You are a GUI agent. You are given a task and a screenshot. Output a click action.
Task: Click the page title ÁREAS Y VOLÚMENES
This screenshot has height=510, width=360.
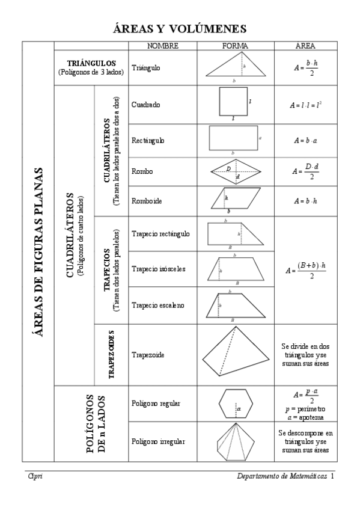click(180, 28)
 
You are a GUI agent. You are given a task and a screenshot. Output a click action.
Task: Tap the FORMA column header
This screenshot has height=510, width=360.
click(235, 46)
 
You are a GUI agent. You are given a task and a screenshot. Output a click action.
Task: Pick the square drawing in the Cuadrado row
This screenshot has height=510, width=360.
click(233, 103)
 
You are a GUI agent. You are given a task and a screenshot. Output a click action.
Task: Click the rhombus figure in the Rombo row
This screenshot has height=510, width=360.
click(236, 171)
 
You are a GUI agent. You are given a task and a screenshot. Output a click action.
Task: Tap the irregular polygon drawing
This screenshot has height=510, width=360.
click(235, 441)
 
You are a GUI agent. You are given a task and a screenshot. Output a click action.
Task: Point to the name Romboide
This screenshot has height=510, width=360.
click(144, 200)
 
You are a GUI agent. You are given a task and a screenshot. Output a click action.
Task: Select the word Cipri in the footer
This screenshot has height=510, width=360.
click(34, 476)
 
